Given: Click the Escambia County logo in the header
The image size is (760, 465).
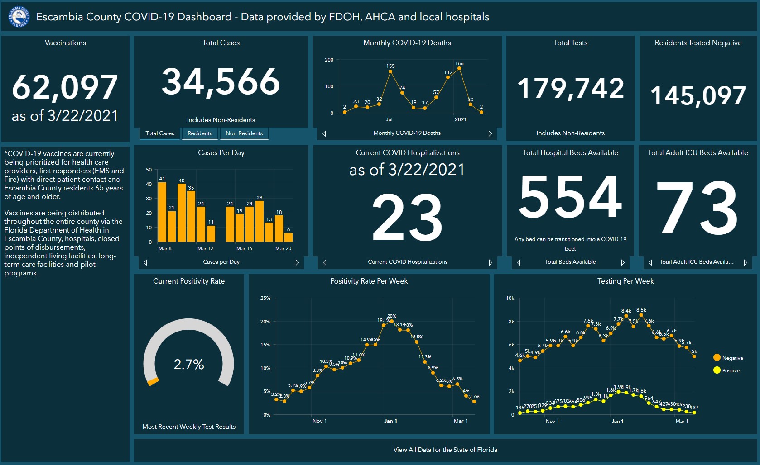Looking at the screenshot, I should pyautogui.click(x=19, y=17).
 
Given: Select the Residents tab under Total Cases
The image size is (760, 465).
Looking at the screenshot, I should pyautogui.click(x=200, y=133).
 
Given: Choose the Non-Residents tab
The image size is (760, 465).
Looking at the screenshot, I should pyautogui.click(x=244, y=133).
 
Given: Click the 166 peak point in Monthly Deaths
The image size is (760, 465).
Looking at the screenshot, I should pyautogui.click(x=459, y=69).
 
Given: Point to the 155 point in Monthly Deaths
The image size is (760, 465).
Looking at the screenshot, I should pyautogui.click(x=390, y=71).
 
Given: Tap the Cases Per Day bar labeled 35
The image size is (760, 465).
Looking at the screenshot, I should pyautogui.click(x=191, y=216).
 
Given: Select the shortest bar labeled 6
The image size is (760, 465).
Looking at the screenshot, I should pyautogui.click(x=289, y=237).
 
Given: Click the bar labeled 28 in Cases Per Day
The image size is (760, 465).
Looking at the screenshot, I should pyautogui.click(x=260, y=221).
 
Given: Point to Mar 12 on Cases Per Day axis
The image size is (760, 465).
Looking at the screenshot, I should pyautogui.click(x=205, y=248).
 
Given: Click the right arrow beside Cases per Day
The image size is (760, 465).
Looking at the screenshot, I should pyautogui.click(x=297, y=262).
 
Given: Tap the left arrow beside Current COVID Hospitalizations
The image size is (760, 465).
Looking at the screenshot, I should pyautogui.click(x=325, y=262).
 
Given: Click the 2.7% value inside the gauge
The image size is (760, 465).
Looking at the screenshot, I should pyautogui.click(x=189, y=364).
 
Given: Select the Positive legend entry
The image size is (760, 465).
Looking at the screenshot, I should pyautogui.click(x=730, y=370).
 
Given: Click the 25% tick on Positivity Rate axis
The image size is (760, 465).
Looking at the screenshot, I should pyautogui.click(x=265, y=298).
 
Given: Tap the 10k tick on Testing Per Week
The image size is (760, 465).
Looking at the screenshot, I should pyautogui.click(x=510, y=298).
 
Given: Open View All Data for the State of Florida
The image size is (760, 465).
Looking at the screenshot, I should pyautogui.click(x=445, y=450).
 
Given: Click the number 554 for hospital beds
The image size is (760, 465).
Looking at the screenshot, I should pyautogui.click(x=570, y=197).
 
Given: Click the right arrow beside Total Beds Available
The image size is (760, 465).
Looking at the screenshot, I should pyautogui.click(x=623, y=262).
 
